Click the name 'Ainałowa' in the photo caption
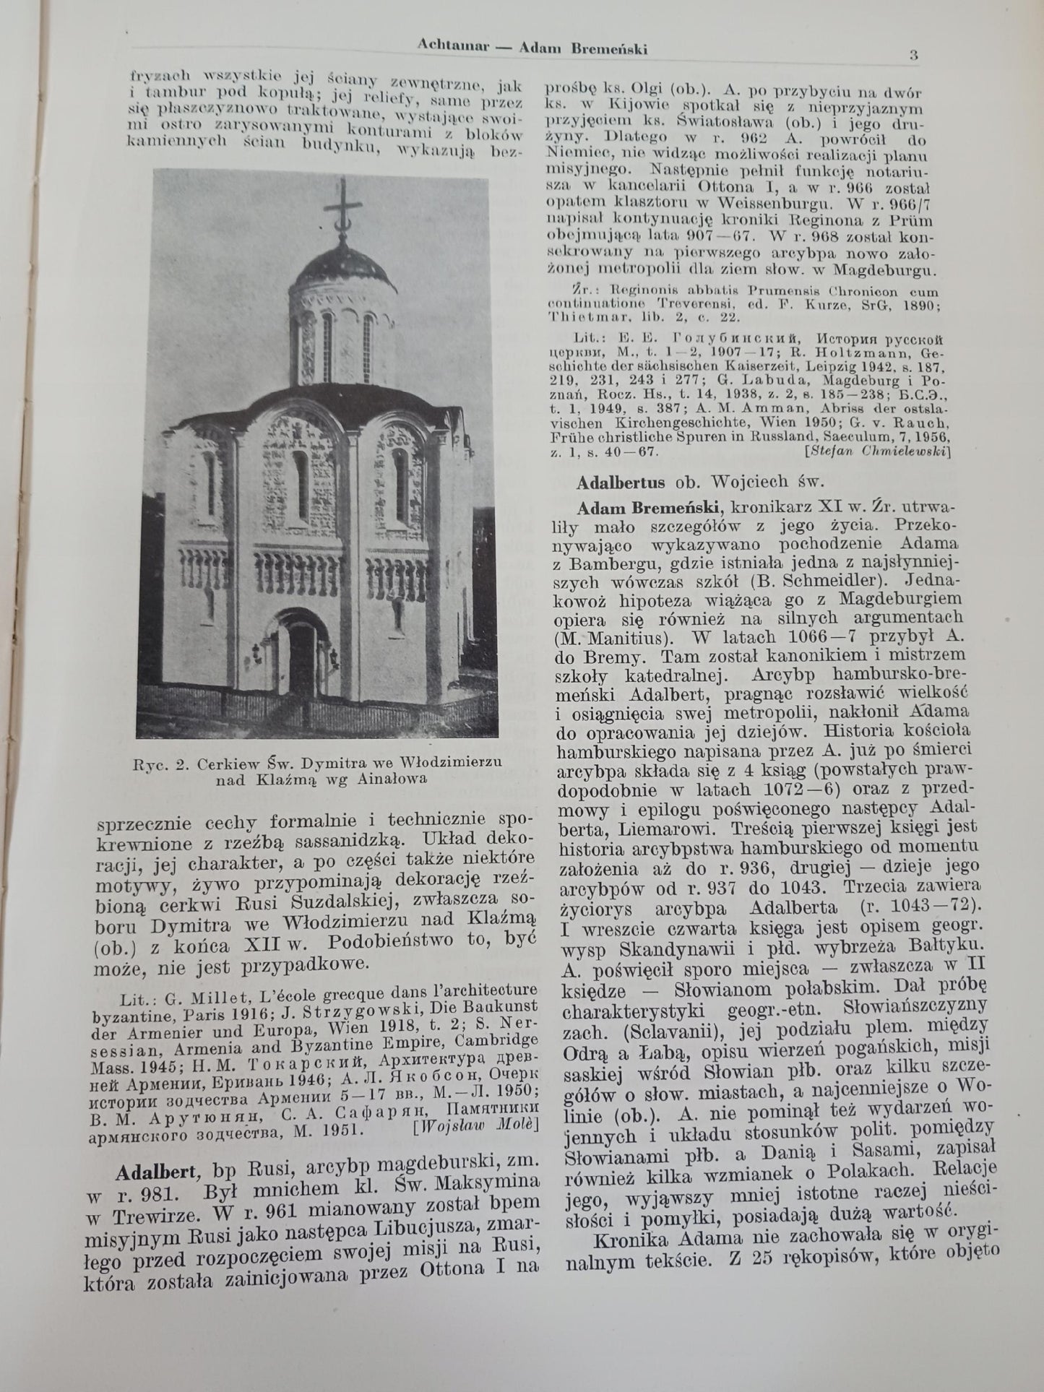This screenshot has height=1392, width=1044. [x=397, y=779]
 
